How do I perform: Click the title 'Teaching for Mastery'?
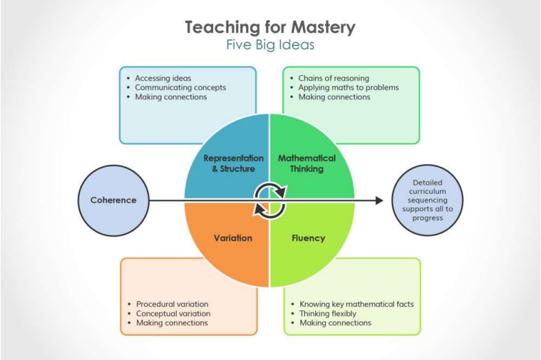click(x=270, y=28)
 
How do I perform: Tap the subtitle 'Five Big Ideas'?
click(x=270, y=45)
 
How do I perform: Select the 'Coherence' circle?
click(x=113, y=200)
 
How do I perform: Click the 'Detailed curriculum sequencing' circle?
click(x=428, y=200)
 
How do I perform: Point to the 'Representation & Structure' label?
click(x=233, y=163)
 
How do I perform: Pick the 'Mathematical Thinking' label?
click(x=306, y=163)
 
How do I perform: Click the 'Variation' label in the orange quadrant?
click(x=233, y=238)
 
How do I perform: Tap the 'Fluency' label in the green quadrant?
click(x=308, y=239)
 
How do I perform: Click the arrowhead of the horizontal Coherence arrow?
click(x=380, y=200)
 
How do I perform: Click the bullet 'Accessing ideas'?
click(x=163, y=79)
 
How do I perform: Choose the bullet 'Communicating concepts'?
click(x=181, y=88)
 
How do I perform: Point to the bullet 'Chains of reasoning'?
click(x=334, y=79)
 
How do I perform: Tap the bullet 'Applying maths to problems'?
click(x=348, y=88)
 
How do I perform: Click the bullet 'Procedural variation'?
click(x=173, y=304)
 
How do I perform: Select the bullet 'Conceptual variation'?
click(x=173, y=314)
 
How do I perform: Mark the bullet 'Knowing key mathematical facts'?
click(x=356, y=304)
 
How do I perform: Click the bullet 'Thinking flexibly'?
click(x=328, y=313)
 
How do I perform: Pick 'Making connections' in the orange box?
click(x=172, y=323)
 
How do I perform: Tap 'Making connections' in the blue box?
click(x=171, y=97)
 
